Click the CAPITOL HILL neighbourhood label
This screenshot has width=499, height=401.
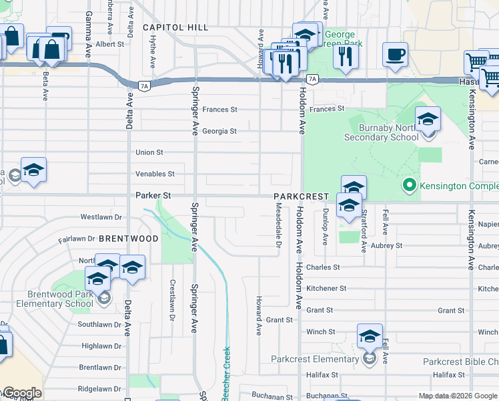175,27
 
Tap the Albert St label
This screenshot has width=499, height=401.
110,44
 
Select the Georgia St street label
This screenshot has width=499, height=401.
219,131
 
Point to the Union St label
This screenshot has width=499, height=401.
149,152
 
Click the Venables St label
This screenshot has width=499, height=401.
155,174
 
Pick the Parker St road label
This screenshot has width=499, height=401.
153,196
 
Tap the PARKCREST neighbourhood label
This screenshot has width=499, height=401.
302,196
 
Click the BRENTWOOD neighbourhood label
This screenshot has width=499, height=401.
129,239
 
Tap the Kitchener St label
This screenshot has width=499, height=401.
326,289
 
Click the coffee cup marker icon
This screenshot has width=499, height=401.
396,53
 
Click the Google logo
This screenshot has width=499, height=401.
21,393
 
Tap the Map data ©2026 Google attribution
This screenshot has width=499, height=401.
458,396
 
